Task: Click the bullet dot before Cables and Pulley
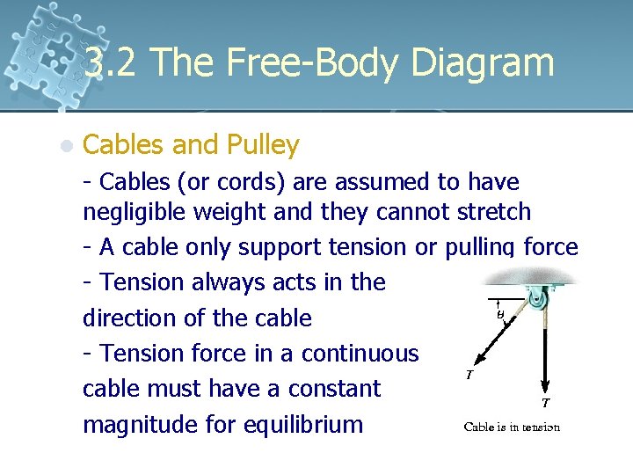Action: click(x=66, y=145)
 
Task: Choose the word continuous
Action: click(x=360, y=353)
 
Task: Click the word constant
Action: click(x=339, y=388)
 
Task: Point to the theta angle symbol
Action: click(x=498, y=313)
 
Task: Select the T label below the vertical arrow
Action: click(x=546, y=404)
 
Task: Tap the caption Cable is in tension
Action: click(x=512, y=427)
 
